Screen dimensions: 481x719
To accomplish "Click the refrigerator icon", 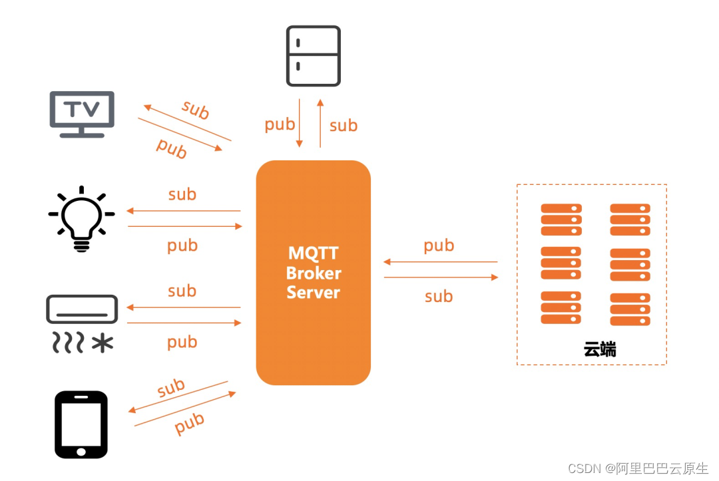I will pos(313,56).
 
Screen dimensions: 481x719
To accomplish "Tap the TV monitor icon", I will pos(82,113).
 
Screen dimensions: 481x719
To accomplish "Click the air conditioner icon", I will pos(82,310).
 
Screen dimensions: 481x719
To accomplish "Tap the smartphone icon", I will pos(81,424).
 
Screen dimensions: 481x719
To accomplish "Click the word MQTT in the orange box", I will pos(313,253).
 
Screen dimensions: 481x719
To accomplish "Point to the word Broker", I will pos(313,273).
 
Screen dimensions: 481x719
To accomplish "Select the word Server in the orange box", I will pos(313,293).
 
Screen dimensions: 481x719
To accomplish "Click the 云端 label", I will pos(600,349).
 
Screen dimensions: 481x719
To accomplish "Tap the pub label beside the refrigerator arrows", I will pos(280,124).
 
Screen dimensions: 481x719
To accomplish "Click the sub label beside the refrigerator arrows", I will pos(344,125).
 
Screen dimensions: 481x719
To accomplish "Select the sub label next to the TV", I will pos(195,110).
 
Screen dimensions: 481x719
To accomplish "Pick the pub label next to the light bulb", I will pos(182,245).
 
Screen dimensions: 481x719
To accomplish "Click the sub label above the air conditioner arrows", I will pos(182,291).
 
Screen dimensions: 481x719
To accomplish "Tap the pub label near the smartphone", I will pos(189,423).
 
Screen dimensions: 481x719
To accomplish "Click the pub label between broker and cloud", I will pos(439,245).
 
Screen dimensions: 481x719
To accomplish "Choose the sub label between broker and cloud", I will pos(439,297).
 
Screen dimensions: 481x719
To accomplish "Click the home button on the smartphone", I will pos(81,451).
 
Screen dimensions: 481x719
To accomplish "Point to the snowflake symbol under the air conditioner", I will pos(102,343).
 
